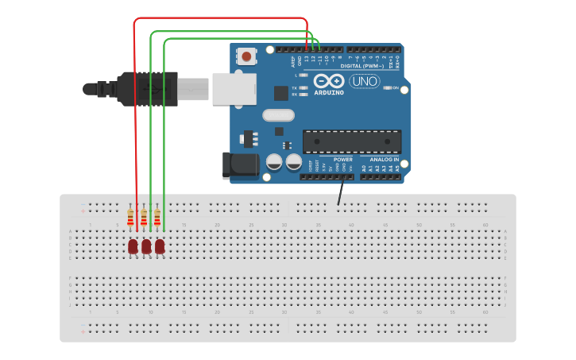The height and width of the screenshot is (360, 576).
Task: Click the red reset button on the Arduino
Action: click(248, 56)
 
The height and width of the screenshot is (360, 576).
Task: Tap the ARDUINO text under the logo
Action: click(329, 92)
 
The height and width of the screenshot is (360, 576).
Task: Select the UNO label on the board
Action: click(365, 81)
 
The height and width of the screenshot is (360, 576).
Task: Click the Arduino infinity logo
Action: click(328, 81)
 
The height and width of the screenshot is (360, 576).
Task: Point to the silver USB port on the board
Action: click(234, 88)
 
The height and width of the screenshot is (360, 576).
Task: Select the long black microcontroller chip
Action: click(351, 141)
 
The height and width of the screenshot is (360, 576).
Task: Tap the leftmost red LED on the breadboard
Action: click(133, 246)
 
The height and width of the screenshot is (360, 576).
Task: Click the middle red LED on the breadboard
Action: click(146, 246)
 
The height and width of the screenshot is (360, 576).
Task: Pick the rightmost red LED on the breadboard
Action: click(160, 246)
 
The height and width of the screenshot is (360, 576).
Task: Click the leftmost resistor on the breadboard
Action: click(130, 218)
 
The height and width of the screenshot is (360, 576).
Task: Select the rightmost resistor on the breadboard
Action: click(157, 218)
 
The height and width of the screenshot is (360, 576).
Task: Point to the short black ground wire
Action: click(341, 192)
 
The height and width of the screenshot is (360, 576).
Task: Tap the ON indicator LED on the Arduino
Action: click(387, 87)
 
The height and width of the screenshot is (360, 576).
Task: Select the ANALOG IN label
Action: click(385, 159)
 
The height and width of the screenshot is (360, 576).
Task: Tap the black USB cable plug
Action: click(148, 88)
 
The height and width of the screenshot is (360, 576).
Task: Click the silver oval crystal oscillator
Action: click(278, 115)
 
